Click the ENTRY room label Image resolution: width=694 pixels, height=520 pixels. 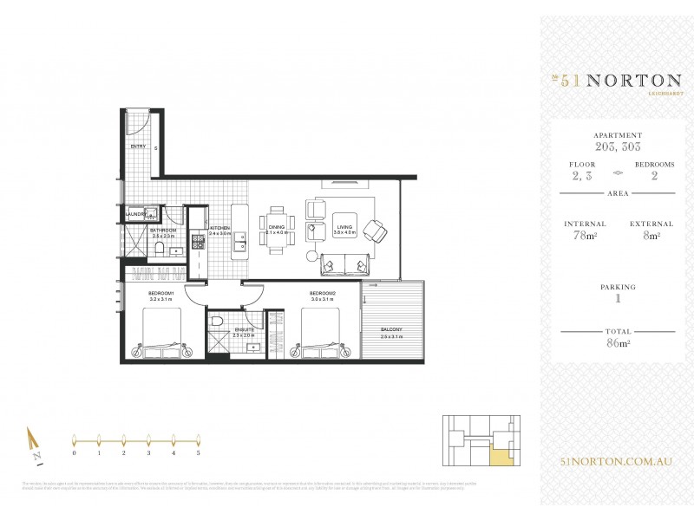[138, 147]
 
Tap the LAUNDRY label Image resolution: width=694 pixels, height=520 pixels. [134, 213]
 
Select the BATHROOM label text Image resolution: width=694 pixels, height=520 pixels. [164, 230]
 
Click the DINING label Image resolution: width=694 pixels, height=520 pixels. [276, 227]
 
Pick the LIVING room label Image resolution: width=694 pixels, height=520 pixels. [345, 227]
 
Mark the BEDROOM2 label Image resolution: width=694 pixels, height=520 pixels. [323, 293]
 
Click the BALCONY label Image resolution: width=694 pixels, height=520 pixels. [392, 330]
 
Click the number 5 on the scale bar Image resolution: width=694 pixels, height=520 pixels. [199, 452]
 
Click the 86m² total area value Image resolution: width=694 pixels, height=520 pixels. [618, 343]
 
